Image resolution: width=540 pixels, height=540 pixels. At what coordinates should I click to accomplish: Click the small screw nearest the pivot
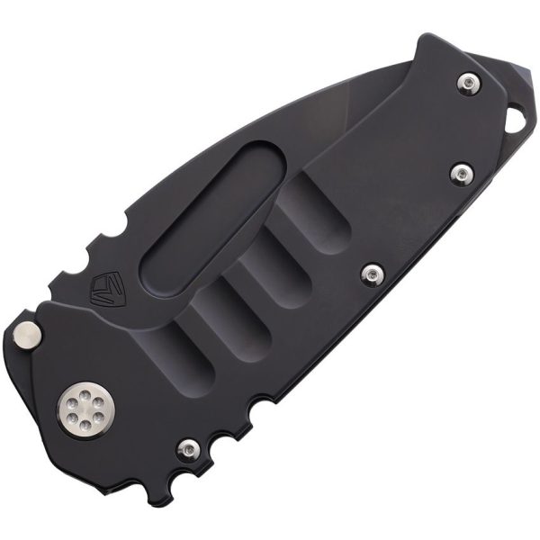(188, 447)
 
